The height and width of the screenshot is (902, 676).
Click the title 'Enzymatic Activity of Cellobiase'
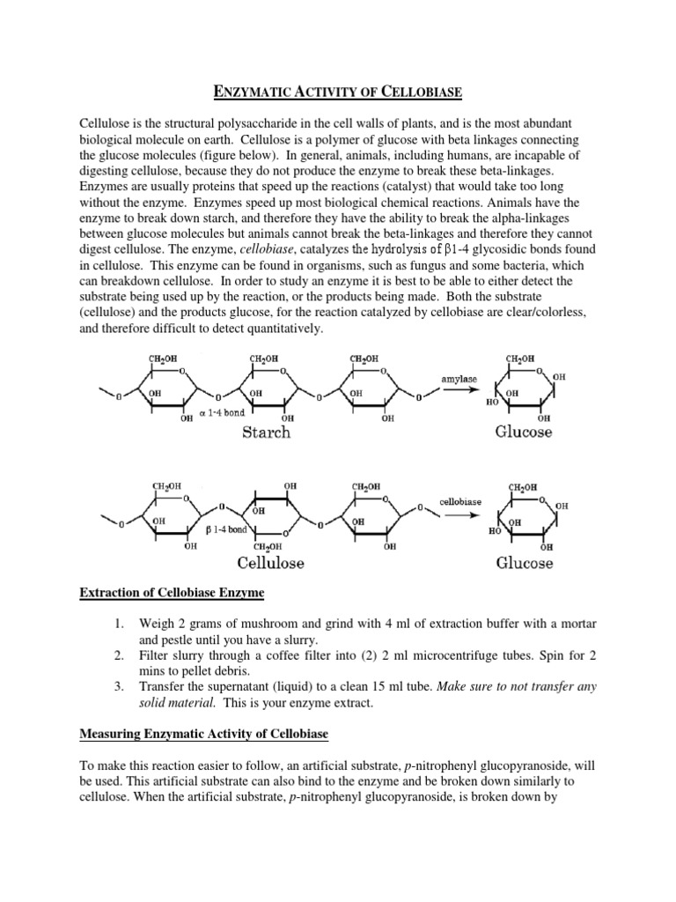(x=338, y=89)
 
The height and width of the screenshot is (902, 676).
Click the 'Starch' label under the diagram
(x=265, y=433)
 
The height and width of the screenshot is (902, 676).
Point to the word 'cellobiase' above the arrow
(x=461, y=501)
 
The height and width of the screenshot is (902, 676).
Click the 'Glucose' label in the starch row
(x=524, y=433)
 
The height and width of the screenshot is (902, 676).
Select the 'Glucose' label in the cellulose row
(x=525, y=562)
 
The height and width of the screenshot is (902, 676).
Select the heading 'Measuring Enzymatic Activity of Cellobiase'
(x=202, y=732)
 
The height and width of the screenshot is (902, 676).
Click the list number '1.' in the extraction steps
(x=119, y=625)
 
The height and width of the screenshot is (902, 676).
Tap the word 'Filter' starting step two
(x=155, y=657)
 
